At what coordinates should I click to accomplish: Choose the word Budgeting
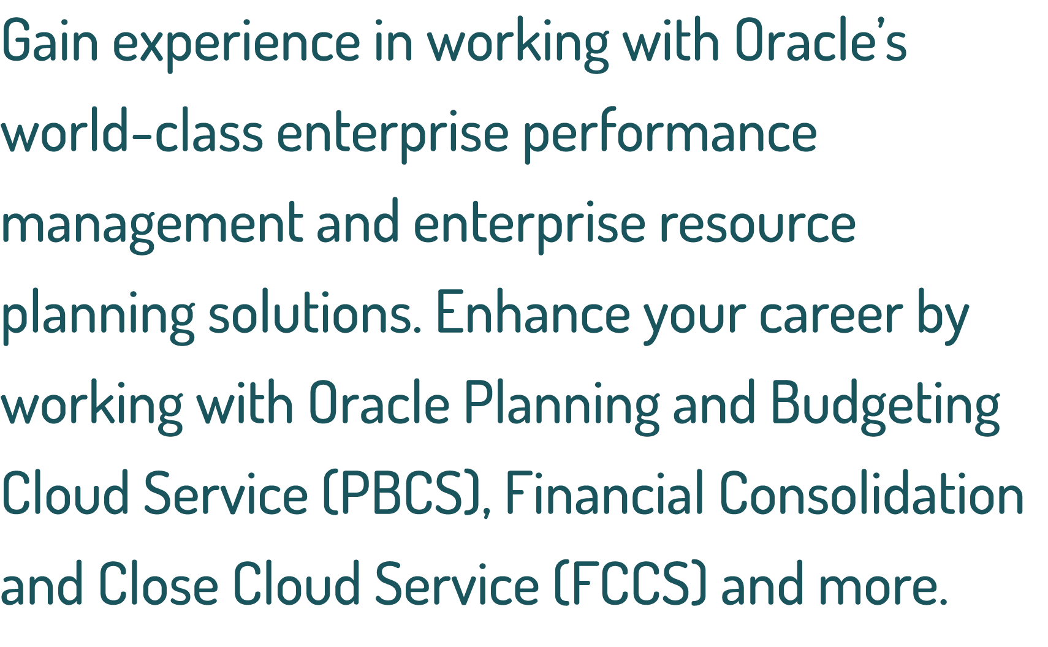885,404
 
